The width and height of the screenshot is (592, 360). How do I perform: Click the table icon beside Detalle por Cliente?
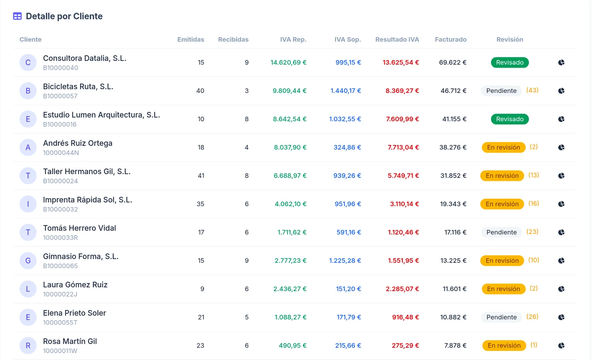click(x=17, y=16)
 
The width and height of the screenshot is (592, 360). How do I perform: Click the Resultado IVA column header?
click(x=397, y=39)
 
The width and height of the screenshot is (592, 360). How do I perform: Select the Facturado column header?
click(x=451, y=39)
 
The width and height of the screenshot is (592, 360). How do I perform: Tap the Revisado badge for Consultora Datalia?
click(x=510, y=63)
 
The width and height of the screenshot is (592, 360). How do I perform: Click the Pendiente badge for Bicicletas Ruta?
click(x=502, y=90)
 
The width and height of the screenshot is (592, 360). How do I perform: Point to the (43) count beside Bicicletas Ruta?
click(x=532, y=90)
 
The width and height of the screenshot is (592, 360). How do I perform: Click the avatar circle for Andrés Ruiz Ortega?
click(x=28, y=147)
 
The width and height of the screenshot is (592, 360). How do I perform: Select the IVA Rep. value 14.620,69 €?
click(x=288, y=63)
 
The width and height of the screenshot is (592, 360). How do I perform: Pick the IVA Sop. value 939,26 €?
click(x=347, y=176)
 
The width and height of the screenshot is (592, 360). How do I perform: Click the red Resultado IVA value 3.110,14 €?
click(x=404, y=204)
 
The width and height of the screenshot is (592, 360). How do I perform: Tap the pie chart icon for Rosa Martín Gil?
click(x=561, y=345)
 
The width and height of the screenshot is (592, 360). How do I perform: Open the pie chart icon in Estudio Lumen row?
click(x=561, y=119)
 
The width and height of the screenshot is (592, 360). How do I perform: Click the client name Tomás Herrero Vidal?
click(x=79, y=228)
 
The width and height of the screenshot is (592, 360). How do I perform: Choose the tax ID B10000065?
click(x=60, y=266)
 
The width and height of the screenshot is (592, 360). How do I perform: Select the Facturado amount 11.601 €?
click(x=455, y=289)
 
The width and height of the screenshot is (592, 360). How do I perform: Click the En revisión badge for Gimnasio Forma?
click(x=502, y=260)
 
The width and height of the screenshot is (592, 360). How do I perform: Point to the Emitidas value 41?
click(x=201, y=176)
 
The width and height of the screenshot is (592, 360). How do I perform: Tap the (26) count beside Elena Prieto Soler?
click(x=532, y=316)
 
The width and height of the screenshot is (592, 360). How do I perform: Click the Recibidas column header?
click(x=233, y=39)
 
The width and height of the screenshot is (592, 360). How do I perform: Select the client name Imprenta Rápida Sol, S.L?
click(x=88, y=200)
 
